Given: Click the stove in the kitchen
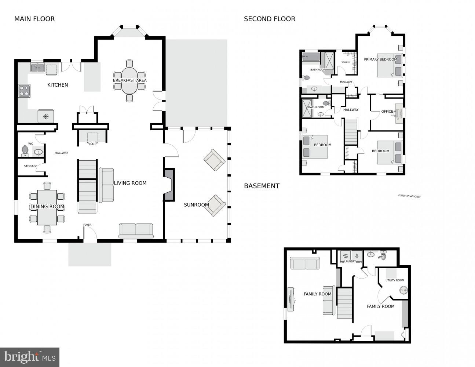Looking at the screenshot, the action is pyautogui.click(x=24, y=91).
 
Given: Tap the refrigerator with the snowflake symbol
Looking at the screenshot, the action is pyautogui.click(x=46, y=116).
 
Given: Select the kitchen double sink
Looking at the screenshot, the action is pyautogui.click(x=38, y=68).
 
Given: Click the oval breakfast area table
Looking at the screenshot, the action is pyautogui.click(x=129, y=80).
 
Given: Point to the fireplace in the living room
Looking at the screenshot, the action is pyautogui.click(x=169, y=185).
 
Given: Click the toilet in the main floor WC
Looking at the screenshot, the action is pyautogui.click(x=25, y=151).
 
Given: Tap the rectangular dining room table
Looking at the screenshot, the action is pyautogui.click(x=47, y=207).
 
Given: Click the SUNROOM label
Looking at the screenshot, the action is pyautogui.click(x=196, y=205).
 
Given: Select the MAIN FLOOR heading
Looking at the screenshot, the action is pyautogui.click(x=34, y=19).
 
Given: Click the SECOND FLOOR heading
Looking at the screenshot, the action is pyautogui.click(x=270, y=19).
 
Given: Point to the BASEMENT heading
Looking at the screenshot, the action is pyautogui.click(x=262, y=186).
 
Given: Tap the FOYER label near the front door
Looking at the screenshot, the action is pyautogui.click(x=87, y=225).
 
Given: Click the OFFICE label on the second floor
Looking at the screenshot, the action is pyautogui.click(x=387, y=112).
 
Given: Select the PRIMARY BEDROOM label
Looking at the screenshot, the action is pyautogui.click(x=380, y=59).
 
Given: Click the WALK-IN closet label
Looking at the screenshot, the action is pyautogui.click(x=346, y=62).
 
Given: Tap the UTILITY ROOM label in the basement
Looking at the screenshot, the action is pyautogui.click(x=395, y=280).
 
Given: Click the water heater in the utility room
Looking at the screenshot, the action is pyautogui.click(x=403, y=290).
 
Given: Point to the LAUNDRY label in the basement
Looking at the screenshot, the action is pyautogui.click(x=350, y=261).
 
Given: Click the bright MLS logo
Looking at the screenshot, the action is pyautogui.click(x=30, y=357).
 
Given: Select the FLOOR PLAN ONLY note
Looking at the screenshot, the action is pyautogui.click(x=409, y=196).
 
